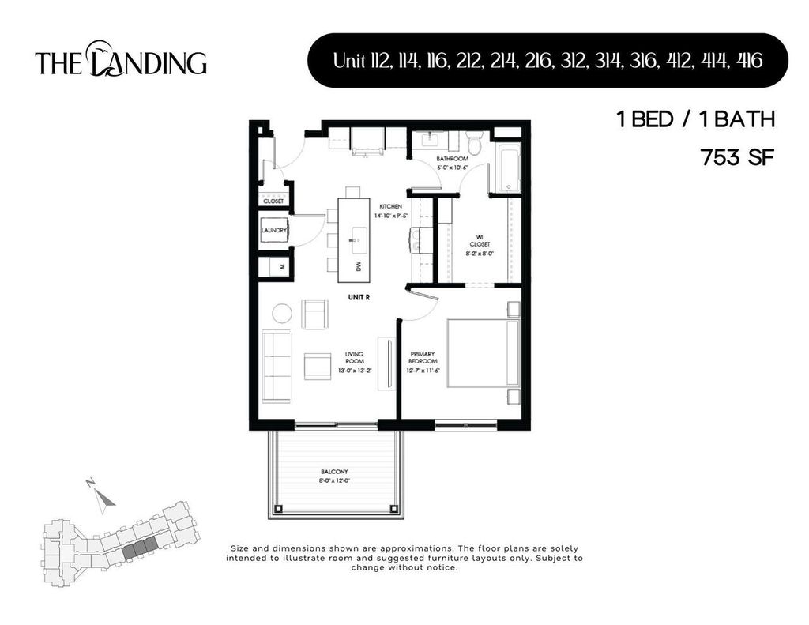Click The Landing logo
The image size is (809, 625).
coord(121,60)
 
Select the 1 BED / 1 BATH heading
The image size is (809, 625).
coord(694,120)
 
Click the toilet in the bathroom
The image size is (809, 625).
coord(474,145)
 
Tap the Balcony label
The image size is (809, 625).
coord(334,471)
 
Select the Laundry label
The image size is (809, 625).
coord(273,230)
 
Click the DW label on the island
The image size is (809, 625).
coord(358,267)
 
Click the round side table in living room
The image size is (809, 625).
coord(282,314)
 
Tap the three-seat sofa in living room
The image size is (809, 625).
coord(277,366)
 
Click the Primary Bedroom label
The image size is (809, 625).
coord(423,358)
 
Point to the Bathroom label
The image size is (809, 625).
coord(453,159)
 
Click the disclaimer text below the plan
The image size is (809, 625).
coord(404,558)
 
